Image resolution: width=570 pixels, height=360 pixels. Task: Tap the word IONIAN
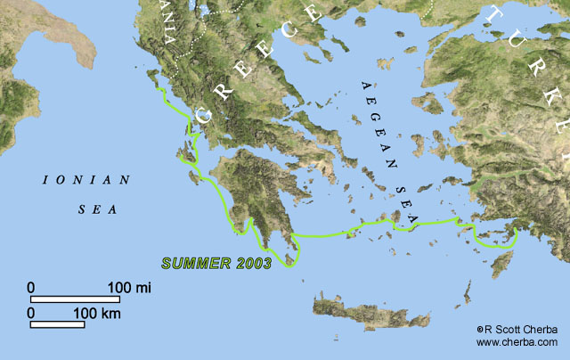coord(86,180)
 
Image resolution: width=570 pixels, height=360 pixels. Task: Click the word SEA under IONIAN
coord(86,211)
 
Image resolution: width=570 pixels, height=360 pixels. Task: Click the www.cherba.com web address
coord(517,341)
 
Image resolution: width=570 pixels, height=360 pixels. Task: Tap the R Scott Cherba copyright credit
coord(517,328)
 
